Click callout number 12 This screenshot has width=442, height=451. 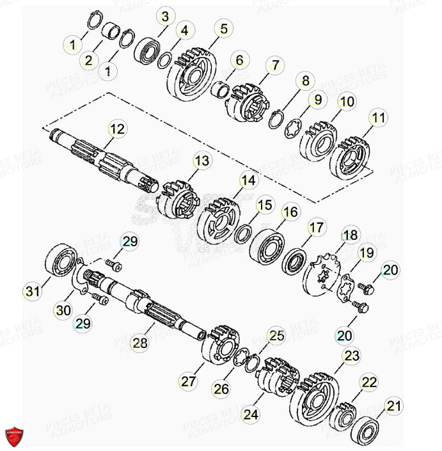(117, 130)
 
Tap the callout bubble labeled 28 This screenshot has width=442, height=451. (140, 344)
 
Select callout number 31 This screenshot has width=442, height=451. (33, 292)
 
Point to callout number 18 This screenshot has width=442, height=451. (351, 235)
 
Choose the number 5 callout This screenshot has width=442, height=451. (224, 29)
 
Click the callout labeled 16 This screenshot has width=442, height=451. (290, 212)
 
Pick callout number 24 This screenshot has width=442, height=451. (251, 414)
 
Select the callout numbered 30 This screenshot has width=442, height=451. (63, 310)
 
